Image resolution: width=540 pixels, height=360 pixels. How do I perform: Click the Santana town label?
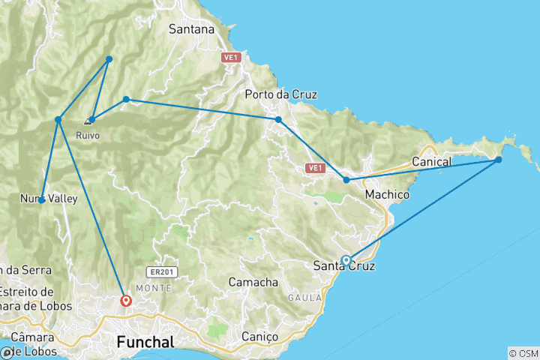[x=192, y=30]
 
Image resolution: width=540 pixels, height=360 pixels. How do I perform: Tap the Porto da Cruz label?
[x=281, y=94]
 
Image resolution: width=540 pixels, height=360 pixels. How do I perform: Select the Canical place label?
[x=432, y=162]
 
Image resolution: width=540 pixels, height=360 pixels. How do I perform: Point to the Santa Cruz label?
[x=343, y=266]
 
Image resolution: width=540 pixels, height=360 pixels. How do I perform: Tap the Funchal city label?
[x=145, y=343]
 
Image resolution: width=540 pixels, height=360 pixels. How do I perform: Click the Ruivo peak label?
[x=88, y=136]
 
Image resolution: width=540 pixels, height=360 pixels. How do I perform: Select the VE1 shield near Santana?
[x=229, y=57]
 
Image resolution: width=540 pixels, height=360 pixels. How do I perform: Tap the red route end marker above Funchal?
[x=126, y=301]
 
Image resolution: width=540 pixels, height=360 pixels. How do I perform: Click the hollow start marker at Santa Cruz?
[x=346, y=260]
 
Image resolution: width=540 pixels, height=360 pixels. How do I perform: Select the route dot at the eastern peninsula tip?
[x=498, y=160]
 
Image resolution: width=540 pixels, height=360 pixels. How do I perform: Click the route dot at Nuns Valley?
[x=41, y=200]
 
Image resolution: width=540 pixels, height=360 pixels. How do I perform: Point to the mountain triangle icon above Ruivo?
[x=88, y=120]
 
